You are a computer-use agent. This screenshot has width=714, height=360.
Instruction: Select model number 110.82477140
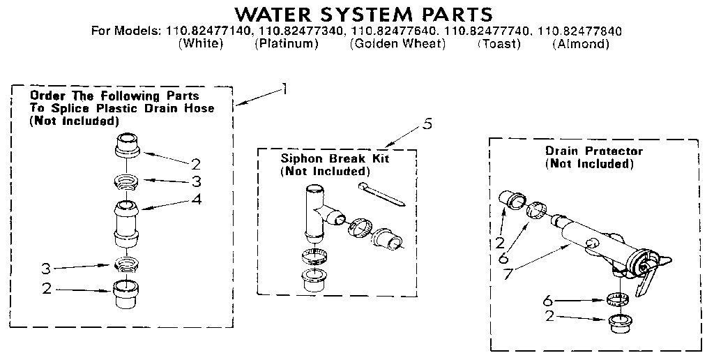[211, 31]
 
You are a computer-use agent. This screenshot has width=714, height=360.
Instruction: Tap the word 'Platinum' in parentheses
[286, 44]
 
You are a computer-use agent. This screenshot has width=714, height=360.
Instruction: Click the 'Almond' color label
[580, 44]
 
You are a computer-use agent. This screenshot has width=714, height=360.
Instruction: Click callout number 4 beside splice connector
[197, 200]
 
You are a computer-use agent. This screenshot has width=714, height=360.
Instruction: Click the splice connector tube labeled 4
[128, 221]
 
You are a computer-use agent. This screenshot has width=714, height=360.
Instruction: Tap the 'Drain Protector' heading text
[593, 151]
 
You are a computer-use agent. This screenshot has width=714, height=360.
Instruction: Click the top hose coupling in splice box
[127, 146]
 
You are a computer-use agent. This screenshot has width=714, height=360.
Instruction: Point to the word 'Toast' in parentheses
[499, 44]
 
